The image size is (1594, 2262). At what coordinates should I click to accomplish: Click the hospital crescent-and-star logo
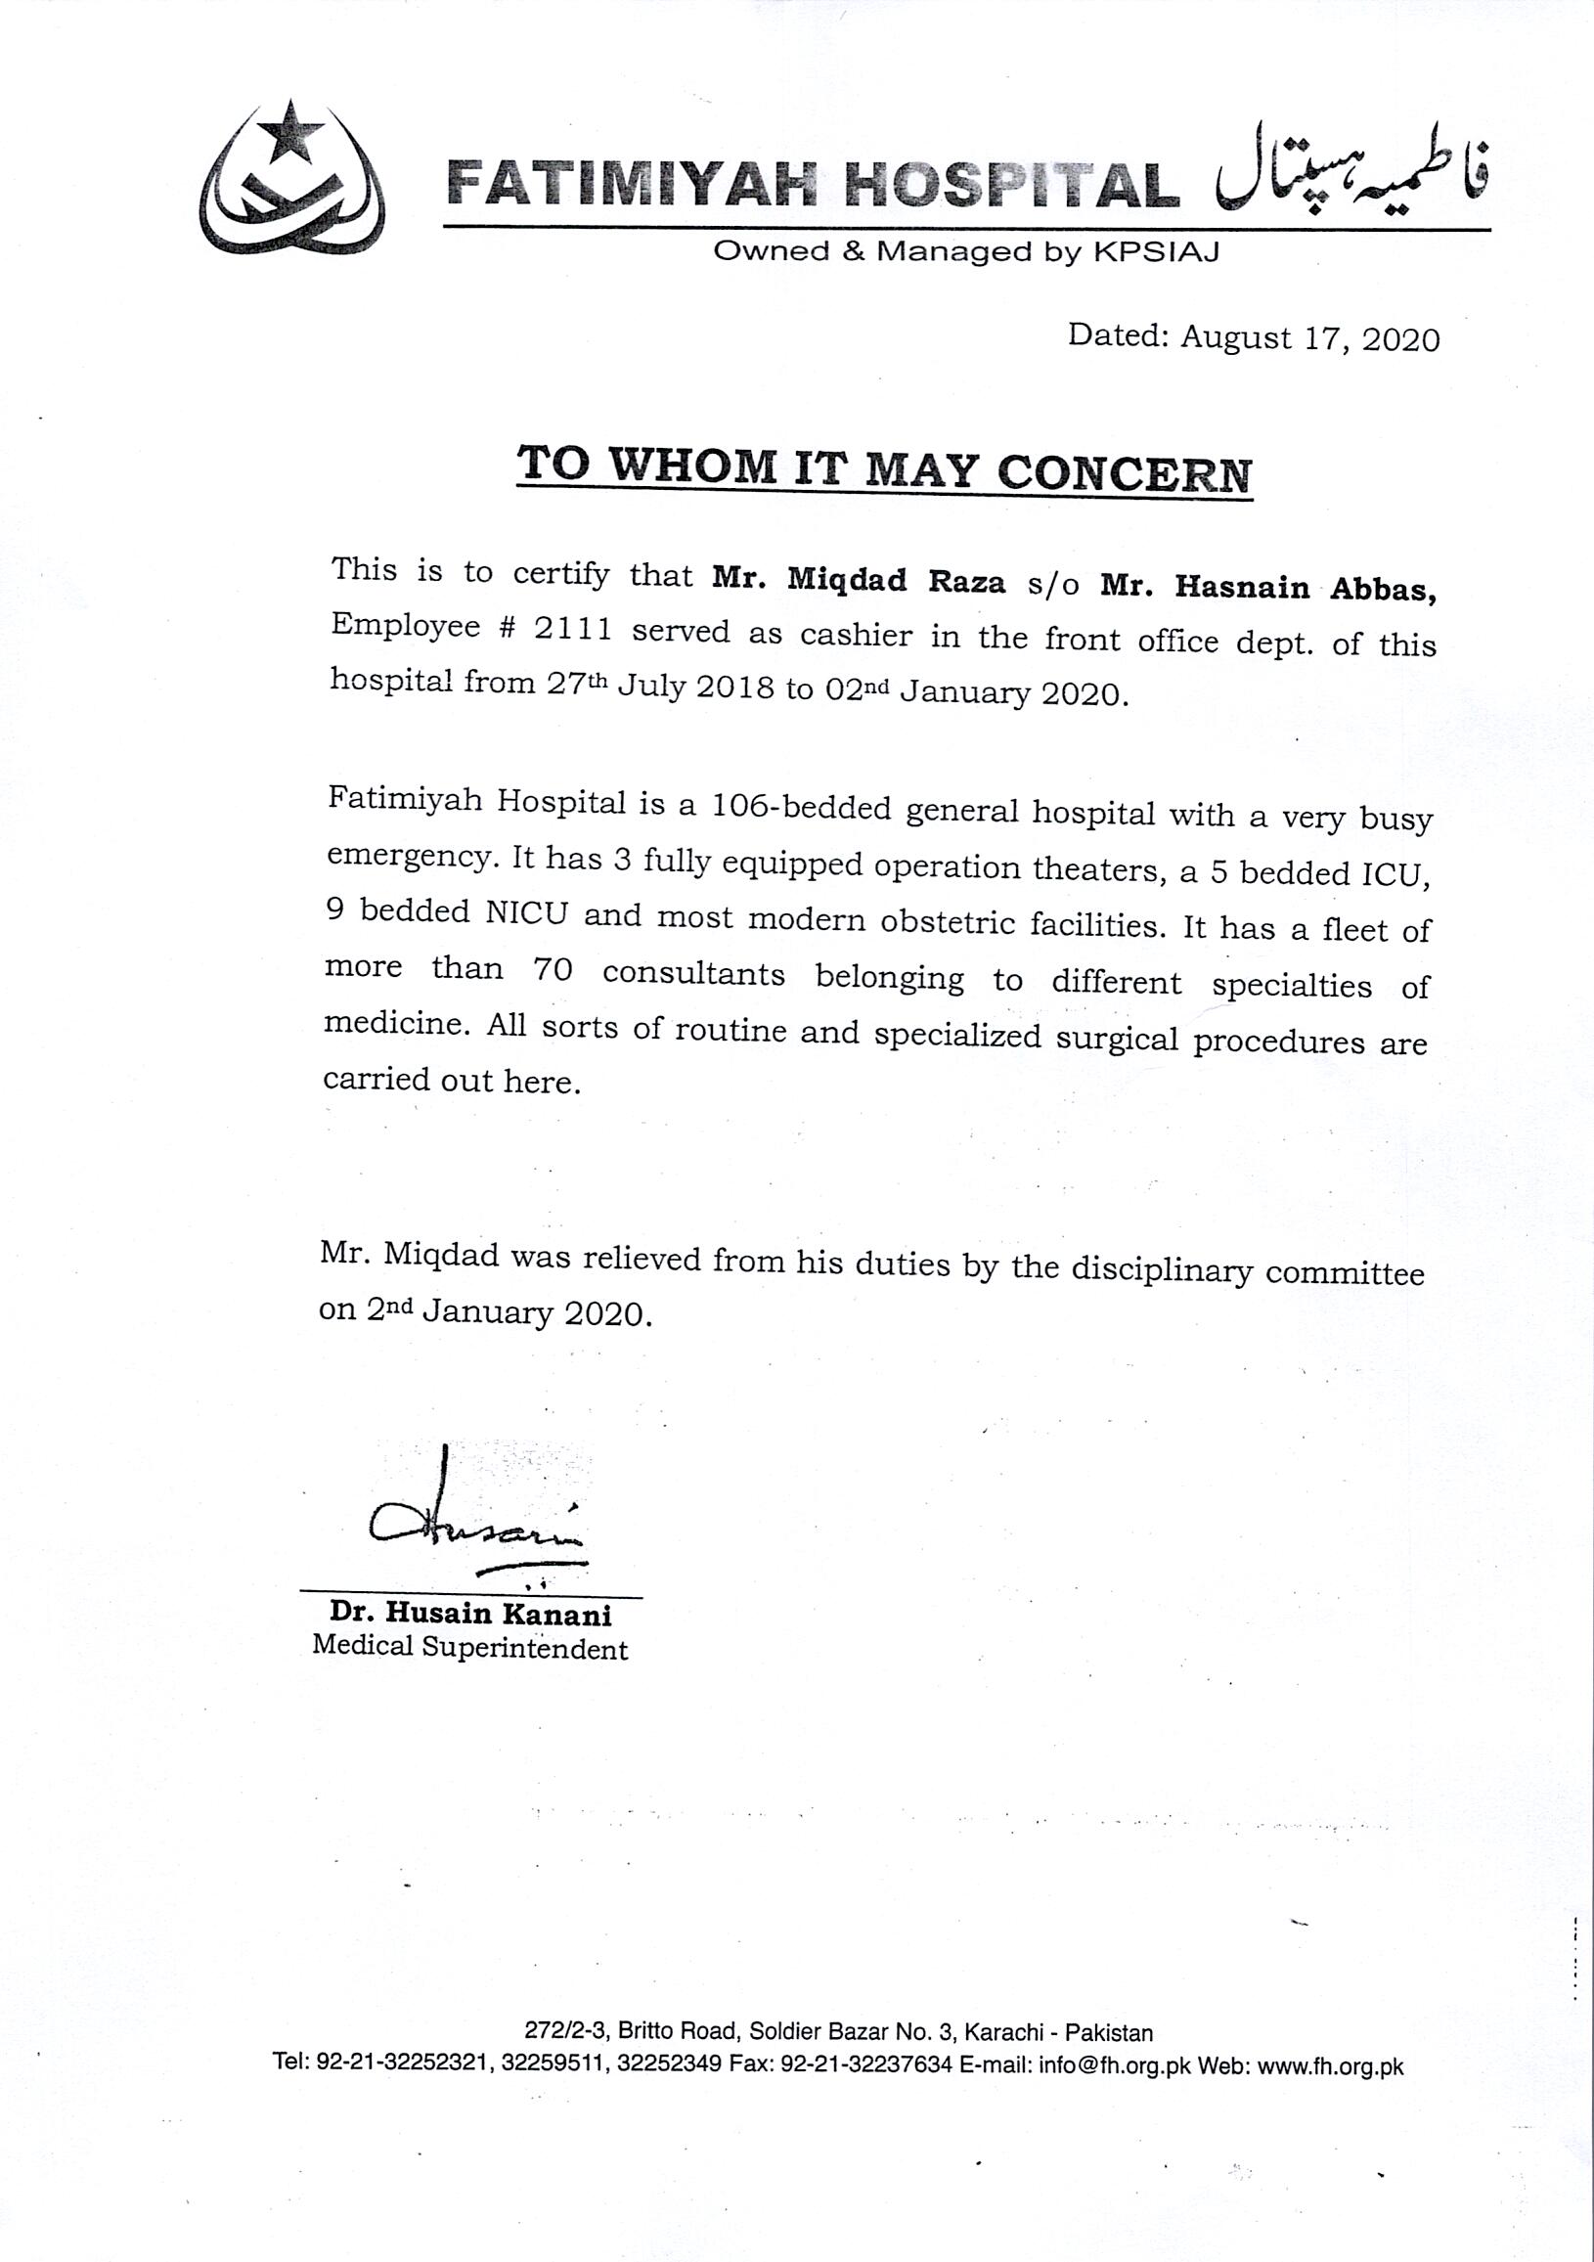pos(291,179)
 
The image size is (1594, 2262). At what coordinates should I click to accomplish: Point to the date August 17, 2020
pos(1309,339)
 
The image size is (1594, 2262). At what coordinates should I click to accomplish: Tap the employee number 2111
pos(572,629)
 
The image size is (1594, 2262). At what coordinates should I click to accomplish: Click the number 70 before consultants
pos(552,968)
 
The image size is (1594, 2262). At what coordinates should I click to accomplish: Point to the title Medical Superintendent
pos(469,1647)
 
